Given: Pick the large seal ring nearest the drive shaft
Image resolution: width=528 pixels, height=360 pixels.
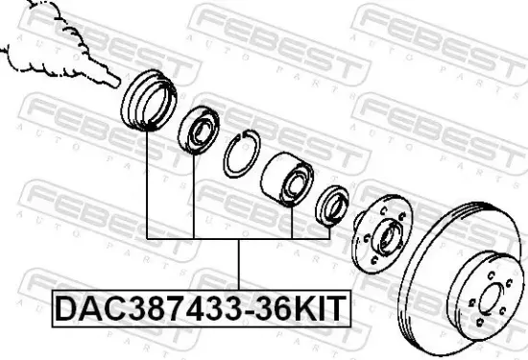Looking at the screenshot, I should [150, 98].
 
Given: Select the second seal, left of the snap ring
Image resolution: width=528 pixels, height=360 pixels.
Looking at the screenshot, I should [199, 128].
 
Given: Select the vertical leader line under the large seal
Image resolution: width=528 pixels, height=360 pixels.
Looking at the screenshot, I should [147, 182].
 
